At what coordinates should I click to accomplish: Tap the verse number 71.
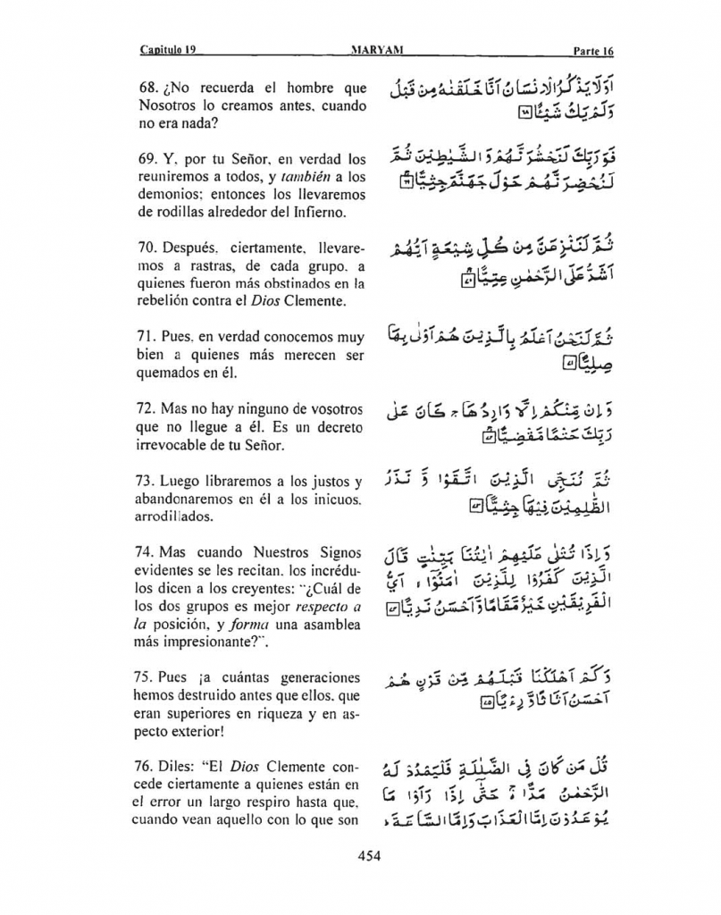point(149,338)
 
